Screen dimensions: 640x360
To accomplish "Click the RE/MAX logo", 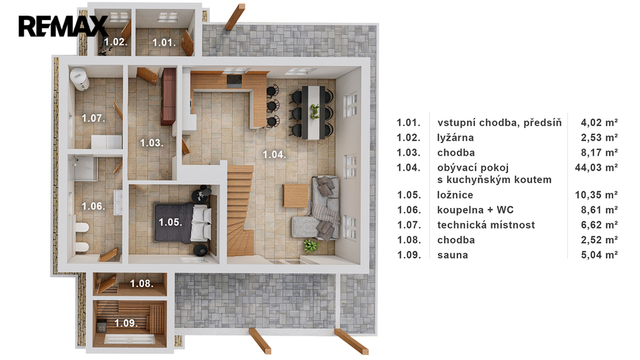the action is click(63, 26).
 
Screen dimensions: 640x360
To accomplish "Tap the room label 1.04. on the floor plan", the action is click(274, 155).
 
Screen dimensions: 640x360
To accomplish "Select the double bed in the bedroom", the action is click(183, 222).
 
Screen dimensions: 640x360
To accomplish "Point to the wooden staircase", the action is click(241, 210).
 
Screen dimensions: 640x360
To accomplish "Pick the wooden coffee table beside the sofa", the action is click(296, 196).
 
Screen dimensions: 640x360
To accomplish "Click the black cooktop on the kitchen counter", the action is click(234, 81).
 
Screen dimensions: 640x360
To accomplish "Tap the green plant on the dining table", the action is click(314, 111).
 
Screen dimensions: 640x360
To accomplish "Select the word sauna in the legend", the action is click(452, 255).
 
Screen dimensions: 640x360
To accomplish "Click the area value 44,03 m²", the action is click(596, 167).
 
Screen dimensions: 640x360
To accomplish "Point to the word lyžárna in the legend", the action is click(456, 137).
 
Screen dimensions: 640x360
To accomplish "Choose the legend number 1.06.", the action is click(409, 210).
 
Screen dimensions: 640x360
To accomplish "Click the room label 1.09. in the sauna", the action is click(126, 323).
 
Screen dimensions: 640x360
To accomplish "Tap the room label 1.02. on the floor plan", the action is click(116, 42).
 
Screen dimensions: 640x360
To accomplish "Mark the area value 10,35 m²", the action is click(596, 195).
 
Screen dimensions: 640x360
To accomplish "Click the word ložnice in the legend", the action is click(455, 195).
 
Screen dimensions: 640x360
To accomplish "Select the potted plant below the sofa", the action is click(311, 246).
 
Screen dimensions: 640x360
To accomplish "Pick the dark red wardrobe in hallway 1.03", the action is click(168, 96).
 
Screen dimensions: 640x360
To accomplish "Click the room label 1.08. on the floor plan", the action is click(142, 283).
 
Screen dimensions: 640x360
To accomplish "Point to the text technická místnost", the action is click(486, 225).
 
